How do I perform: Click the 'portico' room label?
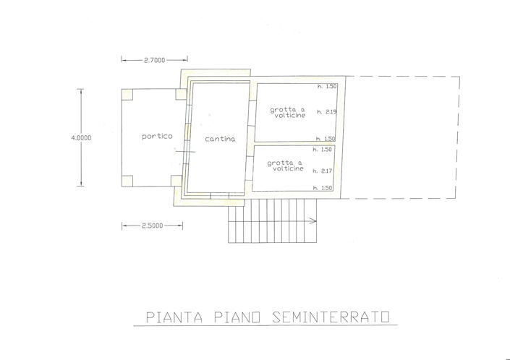click(157, 136)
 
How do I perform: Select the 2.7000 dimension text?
click(154, 60)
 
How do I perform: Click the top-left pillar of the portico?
click(127, 93)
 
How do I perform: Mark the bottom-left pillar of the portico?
click(127, 181)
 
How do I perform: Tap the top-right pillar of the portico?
click(181, 93)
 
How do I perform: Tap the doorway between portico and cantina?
click(185, 150)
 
